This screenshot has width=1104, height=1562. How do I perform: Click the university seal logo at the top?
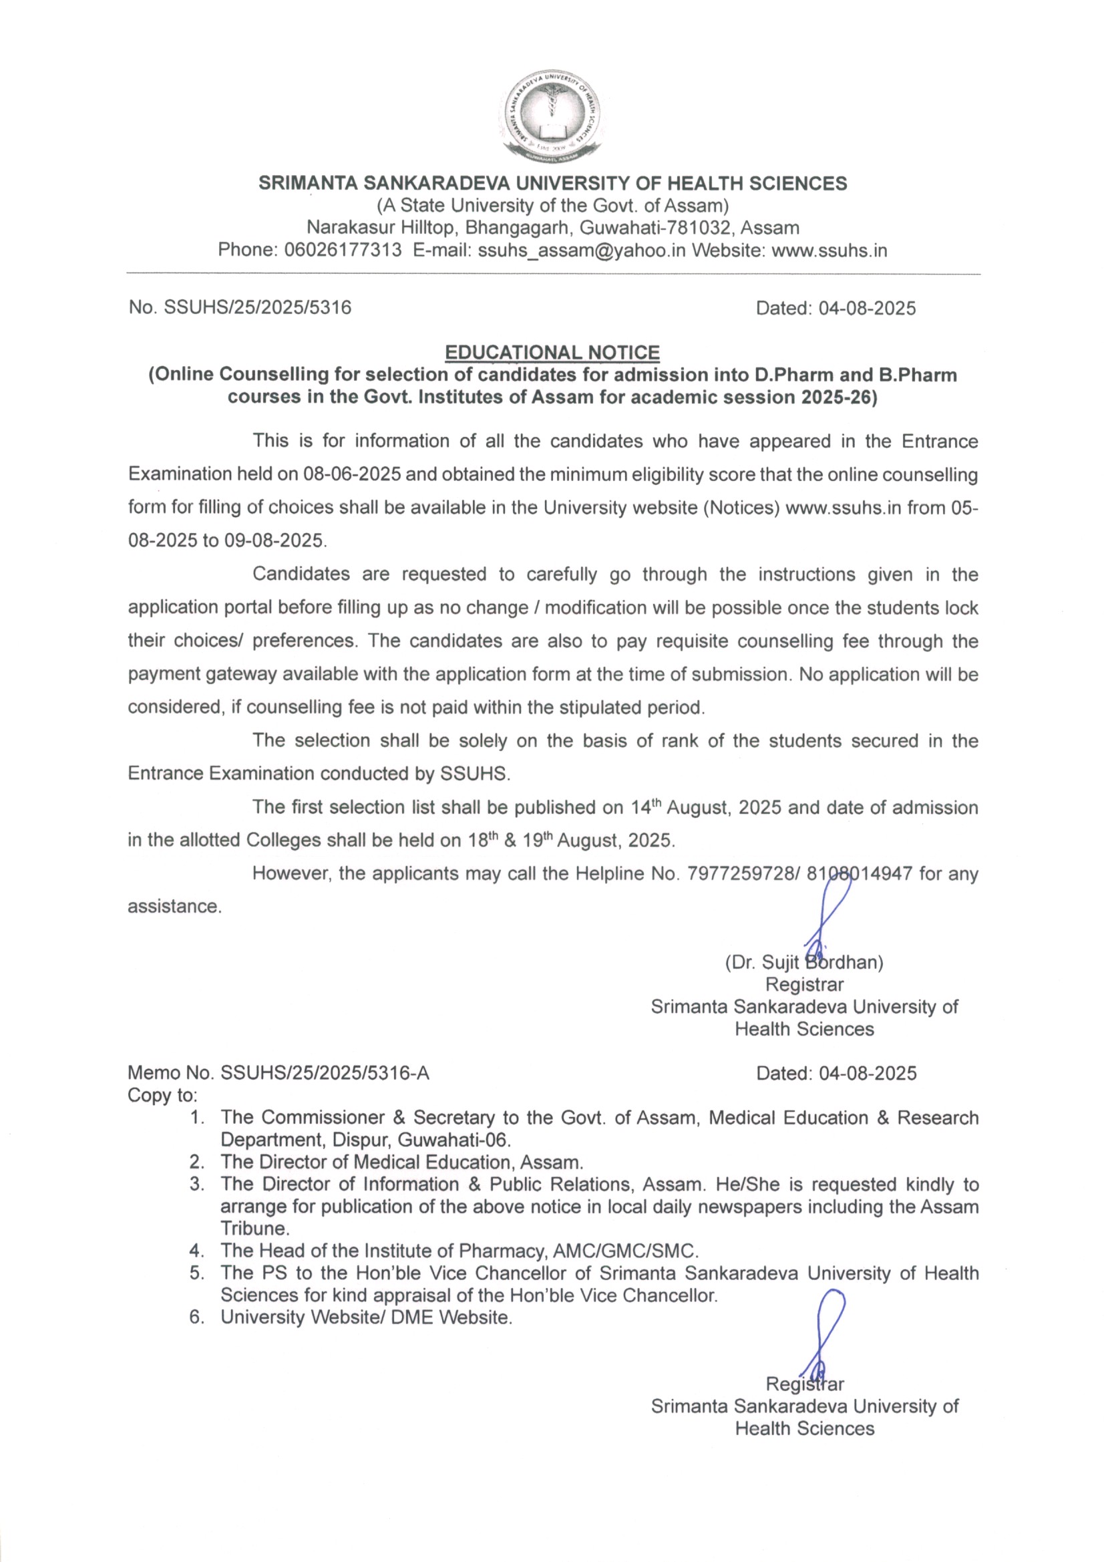point(552,116)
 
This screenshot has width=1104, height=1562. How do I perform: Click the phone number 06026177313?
point(343,251)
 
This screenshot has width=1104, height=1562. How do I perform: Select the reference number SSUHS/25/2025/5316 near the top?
point(258,307)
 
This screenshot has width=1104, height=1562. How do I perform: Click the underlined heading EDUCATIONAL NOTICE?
point(552,352)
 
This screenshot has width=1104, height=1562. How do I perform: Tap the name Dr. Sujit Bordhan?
point(804,963)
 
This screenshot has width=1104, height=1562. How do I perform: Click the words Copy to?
point(162,1095)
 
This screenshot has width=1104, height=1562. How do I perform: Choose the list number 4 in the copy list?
point(196,1251)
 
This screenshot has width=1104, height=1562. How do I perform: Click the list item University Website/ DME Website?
point(366,1317)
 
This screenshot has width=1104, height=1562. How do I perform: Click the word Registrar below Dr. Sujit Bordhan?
point(804,984)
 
